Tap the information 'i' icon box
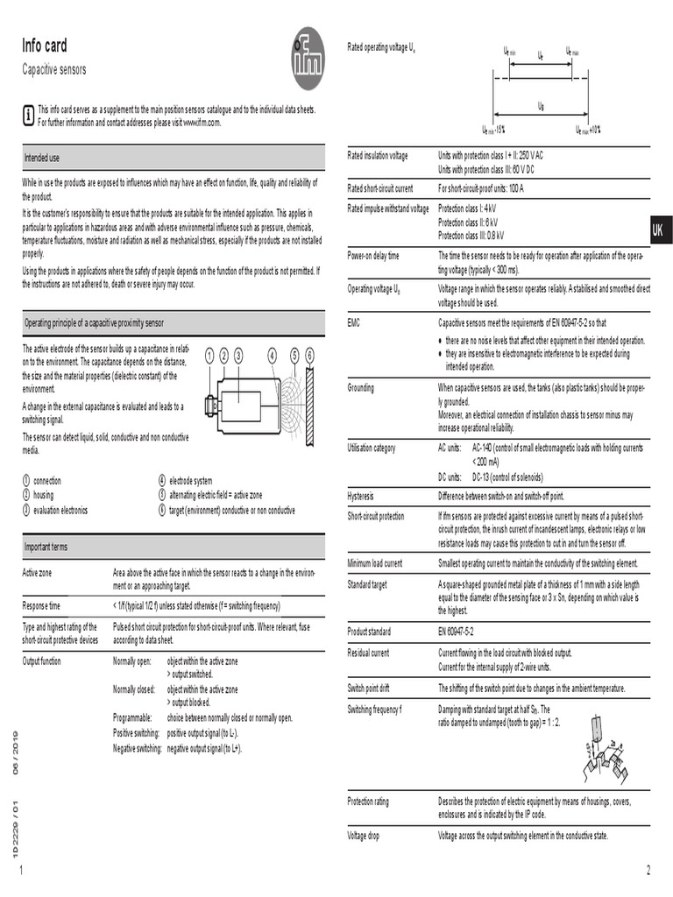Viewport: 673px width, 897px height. (x=29, y=115)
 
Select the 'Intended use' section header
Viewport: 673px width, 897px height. (x=42, y=158)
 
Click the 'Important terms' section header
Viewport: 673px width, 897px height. (x=46, y=547)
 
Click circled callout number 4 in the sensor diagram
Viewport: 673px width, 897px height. (x=273, y=355)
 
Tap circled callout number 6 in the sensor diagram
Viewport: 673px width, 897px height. (x=309, y=355)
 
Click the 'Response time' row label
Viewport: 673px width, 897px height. (x=41, y=605)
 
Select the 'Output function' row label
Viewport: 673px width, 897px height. (x=42, y=660)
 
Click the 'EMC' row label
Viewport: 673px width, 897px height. (x=355, y=322)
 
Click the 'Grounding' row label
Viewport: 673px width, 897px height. (x=361, y=387)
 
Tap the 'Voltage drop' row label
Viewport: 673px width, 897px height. (x=364, y=836)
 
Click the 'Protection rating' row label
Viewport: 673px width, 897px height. (x=369, y=802)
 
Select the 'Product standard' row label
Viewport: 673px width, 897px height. (x=369, y=631)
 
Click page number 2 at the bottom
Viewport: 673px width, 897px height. (x=648, y=870)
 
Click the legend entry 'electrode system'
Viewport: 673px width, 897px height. (x=190, y=481)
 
